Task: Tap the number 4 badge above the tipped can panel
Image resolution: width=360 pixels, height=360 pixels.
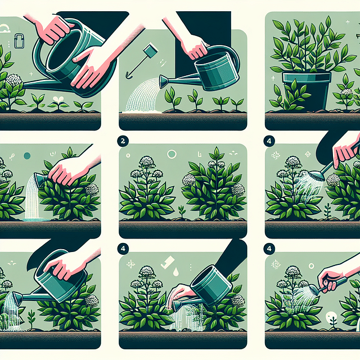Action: click(123, 247)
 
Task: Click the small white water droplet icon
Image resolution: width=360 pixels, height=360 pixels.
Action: click(177, 271)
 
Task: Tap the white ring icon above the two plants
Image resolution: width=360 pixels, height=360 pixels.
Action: click(172, 154)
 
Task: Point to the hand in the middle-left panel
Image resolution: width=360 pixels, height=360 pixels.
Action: click(71, 169)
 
